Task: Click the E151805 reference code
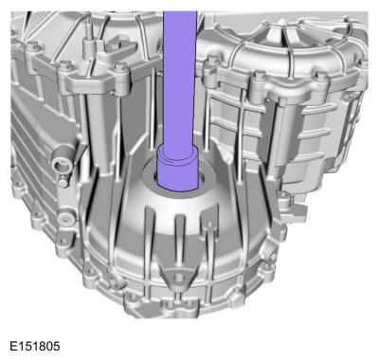coord(35,346)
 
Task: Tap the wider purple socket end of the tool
coord(178,169)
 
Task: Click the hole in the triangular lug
coord(179,278)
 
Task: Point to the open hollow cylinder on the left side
coord(61,165)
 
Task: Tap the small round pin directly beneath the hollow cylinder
coord(63,183)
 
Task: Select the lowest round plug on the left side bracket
coord(67,219)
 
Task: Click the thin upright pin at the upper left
coord(90,29)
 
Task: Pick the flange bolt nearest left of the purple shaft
coord(120,67)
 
